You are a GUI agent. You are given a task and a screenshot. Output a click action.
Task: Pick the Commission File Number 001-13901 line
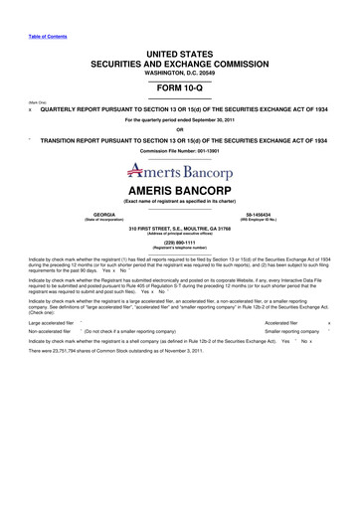pos(179,150)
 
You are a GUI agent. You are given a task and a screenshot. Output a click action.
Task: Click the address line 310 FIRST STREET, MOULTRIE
pos(179,227)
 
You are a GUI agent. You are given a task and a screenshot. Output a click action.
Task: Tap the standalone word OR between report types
pos(179,128)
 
